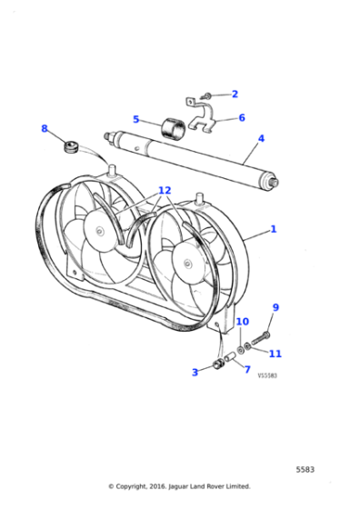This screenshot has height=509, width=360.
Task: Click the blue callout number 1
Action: (273, 231)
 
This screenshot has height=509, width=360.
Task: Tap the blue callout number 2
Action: (235, 94)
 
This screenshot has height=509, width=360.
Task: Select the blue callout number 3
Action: (195, 372)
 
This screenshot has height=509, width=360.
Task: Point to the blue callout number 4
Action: (261, 139)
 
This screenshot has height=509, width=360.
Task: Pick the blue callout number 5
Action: (135, 119)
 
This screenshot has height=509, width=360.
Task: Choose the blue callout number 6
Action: (242, 117)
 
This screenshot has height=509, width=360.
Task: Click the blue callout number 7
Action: (246, 369)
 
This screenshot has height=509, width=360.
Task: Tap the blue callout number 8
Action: (44, 129)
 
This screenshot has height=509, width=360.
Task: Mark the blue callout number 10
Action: (242, 322)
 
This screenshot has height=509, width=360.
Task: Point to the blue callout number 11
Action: (275, 354)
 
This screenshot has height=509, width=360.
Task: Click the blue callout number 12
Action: (164, 191)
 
